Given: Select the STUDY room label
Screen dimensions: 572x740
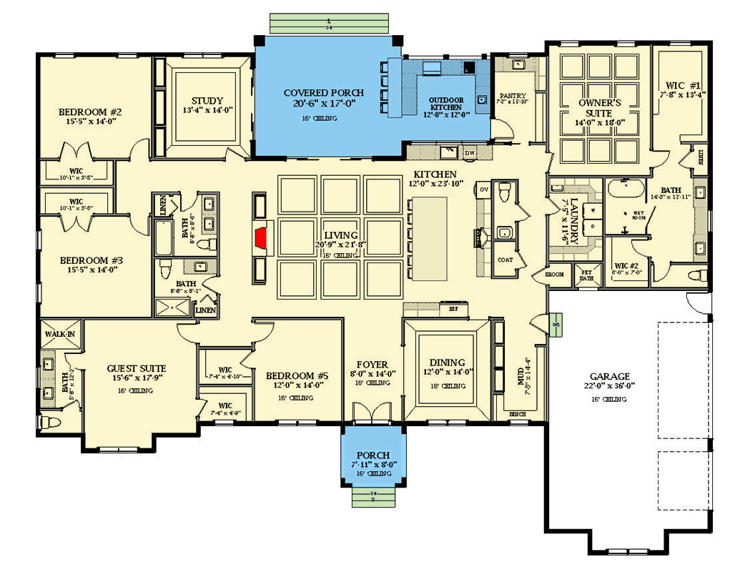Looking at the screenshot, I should [207, 101].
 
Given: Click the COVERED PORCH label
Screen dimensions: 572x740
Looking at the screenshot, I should [323, 93].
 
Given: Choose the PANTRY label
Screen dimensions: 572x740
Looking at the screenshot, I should [513, 96].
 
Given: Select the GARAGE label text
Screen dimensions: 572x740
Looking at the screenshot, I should [609, 376].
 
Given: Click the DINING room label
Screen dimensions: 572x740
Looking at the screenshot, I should [448, 363].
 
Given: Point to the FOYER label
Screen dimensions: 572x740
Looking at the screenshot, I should [373, 363].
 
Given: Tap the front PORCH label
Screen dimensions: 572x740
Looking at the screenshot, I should [373, 455].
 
